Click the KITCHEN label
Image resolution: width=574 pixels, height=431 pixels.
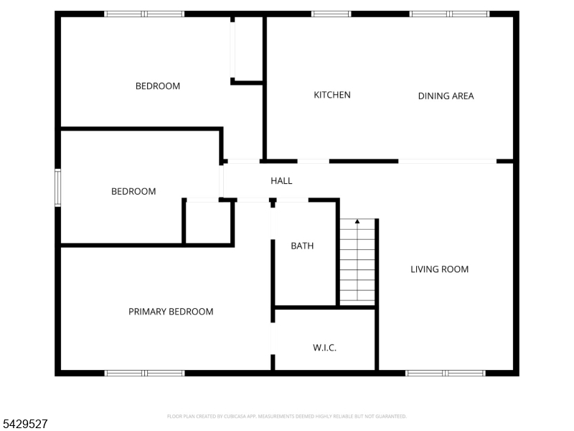[332, 95]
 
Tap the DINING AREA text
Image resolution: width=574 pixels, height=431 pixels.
[446, 96]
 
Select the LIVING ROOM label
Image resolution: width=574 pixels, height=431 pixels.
[439, 269]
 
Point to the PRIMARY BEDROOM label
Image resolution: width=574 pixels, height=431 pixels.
[171, 312]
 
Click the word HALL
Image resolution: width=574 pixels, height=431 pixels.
[281, 181]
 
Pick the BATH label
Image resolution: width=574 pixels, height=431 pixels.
[302, 246]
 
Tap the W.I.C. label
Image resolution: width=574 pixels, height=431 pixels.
[324, 348]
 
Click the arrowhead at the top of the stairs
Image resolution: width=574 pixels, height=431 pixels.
[357, 221]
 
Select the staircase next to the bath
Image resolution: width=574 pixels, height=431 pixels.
[357, 261]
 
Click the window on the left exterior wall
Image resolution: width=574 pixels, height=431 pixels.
[58, 187]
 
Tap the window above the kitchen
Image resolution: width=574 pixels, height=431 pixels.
[331, 14]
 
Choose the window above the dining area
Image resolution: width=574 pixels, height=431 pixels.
[450, 14]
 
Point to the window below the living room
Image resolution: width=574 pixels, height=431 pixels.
[446, 373]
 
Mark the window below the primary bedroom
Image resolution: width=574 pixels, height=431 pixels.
[145, 373]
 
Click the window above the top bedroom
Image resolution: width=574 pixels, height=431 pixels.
[144, 14]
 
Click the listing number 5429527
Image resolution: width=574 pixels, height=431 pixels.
[24, 424]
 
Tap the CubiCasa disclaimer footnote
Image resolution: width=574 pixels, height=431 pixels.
[286, 417]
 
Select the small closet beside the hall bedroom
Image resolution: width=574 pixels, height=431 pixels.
[208, 223]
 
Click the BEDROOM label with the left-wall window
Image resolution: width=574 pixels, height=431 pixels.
[133, 191]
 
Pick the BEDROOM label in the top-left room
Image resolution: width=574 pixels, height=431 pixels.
[158, 86]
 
